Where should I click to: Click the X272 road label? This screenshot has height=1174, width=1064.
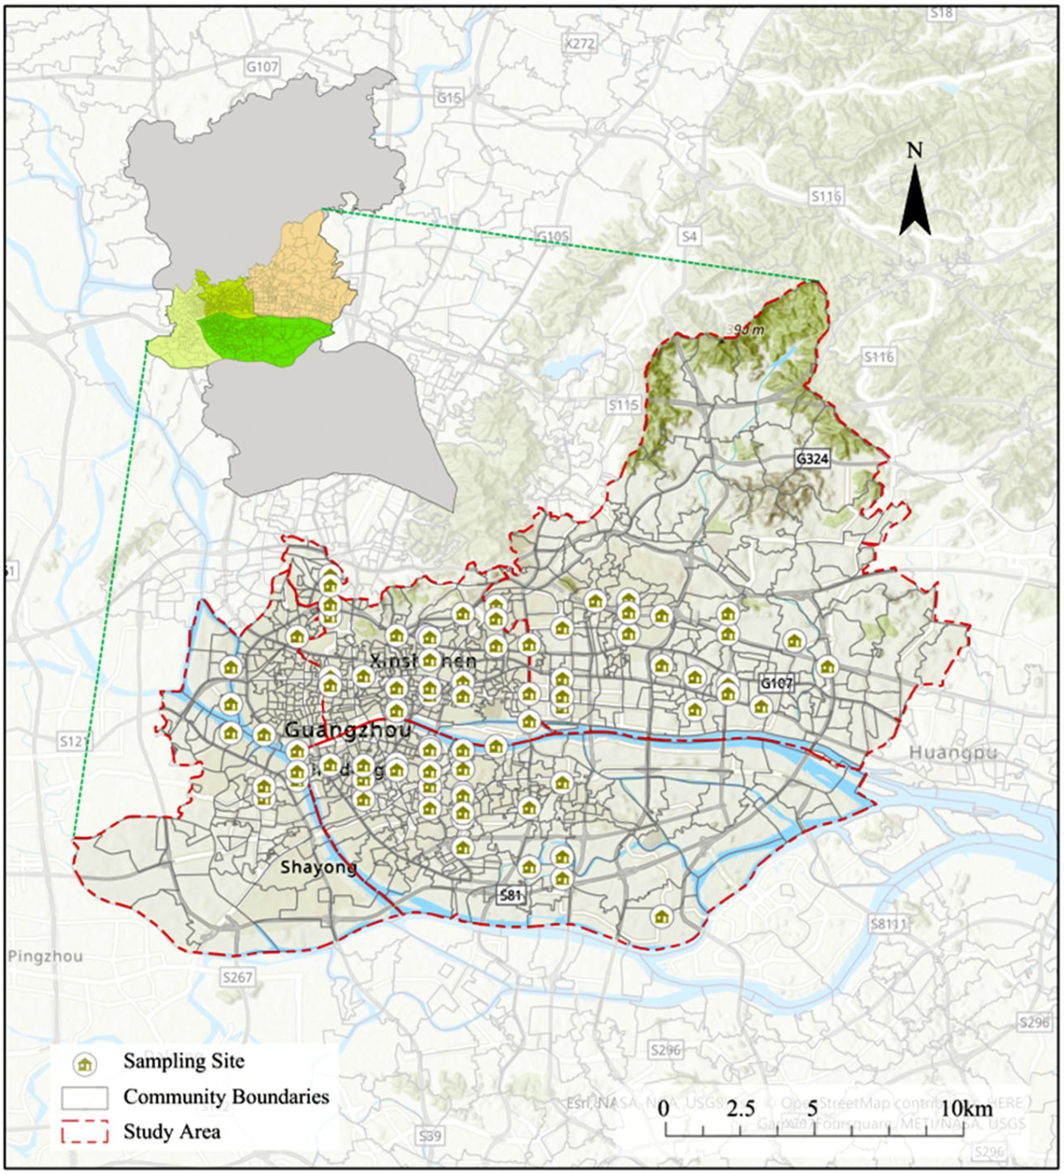point(579,44)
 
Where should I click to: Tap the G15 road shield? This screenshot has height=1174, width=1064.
point(448,98)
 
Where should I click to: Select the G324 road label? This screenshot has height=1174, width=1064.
point(811,459)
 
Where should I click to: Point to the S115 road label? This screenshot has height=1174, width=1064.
point(623,405)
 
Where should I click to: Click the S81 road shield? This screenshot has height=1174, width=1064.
point(510,895)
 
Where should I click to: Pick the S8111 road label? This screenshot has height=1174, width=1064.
point(888,924)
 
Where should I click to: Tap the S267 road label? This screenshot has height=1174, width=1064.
point(237,977)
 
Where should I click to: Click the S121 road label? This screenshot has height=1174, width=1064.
point(74,741)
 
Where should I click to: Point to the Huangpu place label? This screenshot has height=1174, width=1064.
point(953,753)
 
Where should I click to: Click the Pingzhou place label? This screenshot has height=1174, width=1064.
point(46,956)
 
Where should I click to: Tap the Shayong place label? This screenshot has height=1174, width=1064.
point(318,868)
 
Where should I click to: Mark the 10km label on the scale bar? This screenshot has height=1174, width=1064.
point(966,1109)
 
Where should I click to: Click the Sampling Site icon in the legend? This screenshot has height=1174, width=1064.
point(84,1063)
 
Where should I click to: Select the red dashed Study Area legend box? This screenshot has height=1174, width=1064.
point(84,1132)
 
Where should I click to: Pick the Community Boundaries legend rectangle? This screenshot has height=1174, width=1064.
point(84,1097)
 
